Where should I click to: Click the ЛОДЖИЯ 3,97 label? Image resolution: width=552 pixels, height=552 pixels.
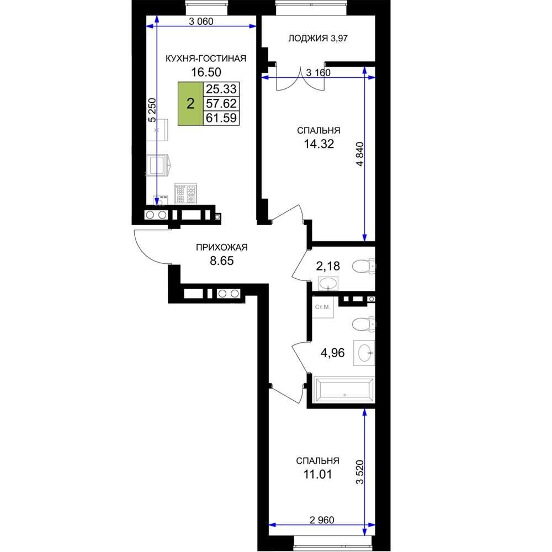click(x=318, y=38)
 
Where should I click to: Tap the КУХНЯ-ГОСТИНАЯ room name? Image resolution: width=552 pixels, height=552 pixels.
click(x=206, y=59)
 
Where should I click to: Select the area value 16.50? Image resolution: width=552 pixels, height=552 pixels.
click(x=206, y=72)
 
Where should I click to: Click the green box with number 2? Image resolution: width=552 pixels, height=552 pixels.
click(x=190, y=104)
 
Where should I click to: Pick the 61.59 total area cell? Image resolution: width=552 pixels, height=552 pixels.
click(x=221, y=118)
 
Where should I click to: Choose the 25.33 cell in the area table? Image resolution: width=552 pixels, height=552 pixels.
click(x=221, y=89)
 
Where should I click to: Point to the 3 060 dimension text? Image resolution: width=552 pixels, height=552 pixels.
click(x=201, y=22)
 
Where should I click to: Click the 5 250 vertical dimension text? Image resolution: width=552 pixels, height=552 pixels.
click(x=152, y=110)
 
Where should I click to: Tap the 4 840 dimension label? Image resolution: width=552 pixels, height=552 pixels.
click(x=359, y=154)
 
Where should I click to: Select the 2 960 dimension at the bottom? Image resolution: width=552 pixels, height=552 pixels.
click(x=322, y=519)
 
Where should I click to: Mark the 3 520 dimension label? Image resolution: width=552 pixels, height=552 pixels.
click(x=359, y=472)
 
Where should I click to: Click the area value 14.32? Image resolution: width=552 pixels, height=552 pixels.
click(x=319, y=144)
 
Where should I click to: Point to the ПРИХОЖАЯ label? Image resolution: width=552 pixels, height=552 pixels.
click(x=222, y=247)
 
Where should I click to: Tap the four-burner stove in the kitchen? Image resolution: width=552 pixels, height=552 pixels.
click(x=185, y=193)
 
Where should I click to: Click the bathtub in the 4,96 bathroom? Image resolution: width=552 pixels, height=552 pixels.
click(x=344, y=389)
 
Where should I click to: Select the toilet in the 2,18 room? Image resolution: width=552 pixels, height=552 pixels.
click(x=363, y=266)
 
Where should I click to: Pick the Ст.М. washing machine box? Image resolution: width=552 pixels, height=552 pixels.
click(x=323, y=307)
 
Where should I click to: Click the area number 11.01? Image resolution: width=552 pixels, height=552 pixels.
click(x=317, y=474)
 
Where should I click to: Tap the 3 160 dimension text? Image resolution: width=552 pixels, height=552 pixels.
click(x=319, y=73)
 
